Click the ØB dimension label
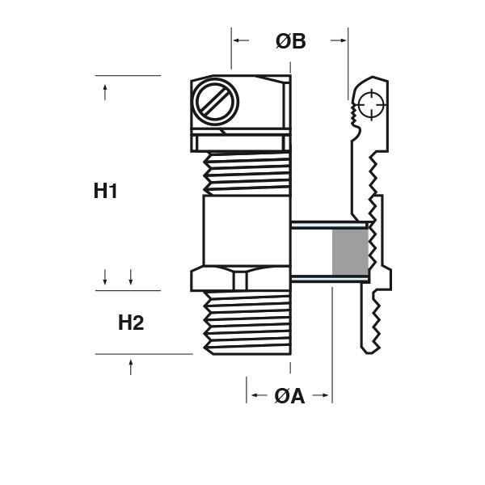[290, 41]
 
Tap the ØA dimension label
[289, 396]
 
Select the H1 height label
[105, 191]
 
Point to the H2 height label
[131, 323]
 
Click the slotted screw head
[215, 103]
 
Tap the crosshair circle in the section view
[372, 104]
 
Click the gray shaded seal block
[351, 252]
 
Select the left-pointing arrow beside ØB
[241, 40]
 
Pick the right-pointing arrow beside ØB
[339, 40]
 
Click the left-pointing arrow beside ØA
[259, 395]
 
